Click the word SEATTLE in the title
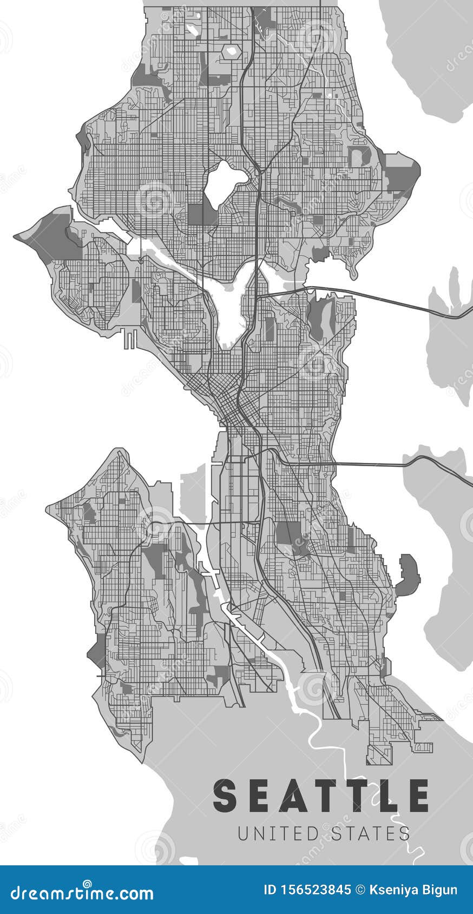(x=321, y=796)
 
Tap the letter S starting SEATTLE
(x=225, y=796)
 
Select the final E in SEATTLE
(x=417, y=796)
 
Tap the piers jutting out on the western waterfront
(x=130, y=339)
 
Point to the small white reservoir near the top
(x=232, y=52)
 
